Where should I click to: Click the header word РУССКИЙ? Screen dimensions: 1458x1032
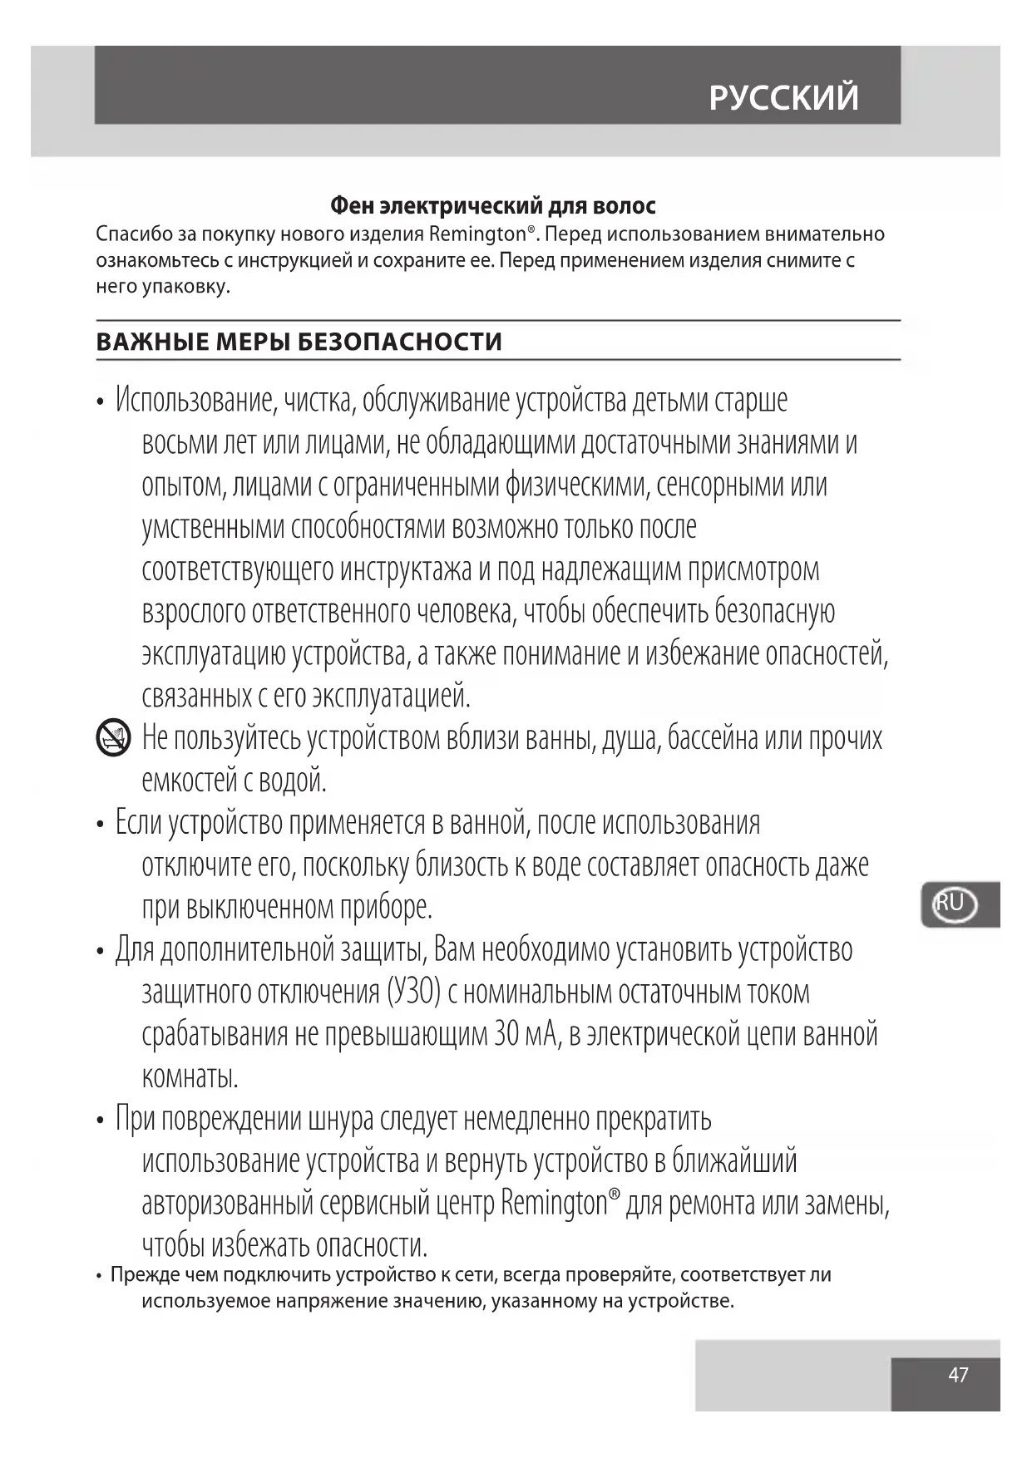(783, 98)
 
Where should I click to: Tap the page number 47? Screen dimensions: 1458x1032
(958, 1374)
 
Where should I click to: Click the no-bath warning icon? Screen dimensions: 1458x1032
(113, 737)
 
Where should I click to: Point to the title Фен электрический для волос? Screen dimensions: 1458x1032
(493, 205)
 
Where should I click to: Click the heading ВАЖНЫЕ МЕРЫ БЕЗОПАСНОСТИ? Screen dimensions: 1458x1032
(299, 342)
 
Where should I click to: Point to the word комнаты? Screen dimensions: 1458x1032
(190, 1077)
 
